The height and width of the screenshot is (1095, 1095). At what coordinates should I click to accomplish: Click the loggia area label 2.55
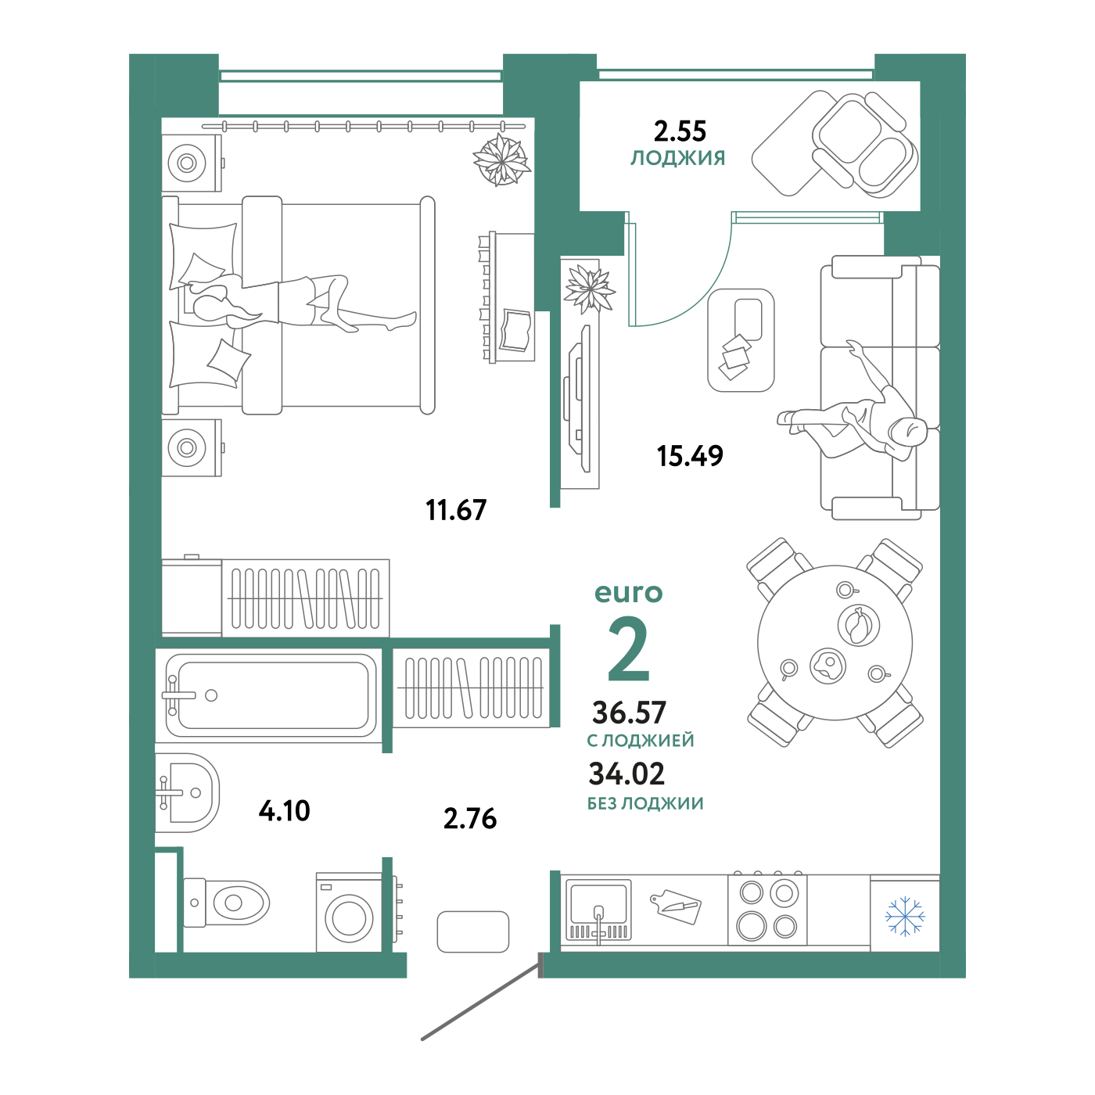(680, 131)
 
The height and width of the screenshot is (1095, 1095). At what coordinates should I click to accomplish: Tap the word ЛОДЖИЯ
(678, 158)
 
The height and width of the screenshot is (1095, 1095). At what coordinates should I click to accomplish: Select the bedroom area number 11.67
(456, 510)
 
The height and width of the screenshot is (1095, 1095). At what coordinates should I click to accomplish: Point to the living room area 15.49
(690, 456)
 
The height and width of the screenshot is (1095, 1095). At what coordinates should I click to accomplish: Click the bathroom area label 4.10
(284, 811)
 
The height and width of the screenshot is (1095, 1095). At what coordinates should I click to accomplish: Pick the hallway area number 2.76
(470, 819)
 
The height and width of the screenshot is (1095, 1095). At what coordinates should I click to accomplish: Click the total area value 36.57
(629, 713)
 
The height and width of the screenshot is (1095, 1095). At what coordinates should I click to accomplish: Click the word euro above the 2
(629, 593)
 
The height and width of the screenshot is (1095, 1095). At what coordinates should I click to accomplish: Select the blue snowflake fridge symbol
(905, 917)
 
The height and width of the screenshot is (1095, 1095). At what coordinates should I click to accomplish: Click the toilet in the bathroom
(226, 903)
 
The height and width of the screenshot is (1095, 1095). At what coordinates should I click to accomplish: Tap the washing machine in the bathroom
(349, 912)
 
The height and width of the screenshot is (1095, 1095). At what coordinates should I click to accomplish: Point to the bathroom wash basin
(187, 792)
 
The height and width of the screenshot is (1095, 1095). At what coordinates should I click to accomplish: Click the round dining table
(835, 643)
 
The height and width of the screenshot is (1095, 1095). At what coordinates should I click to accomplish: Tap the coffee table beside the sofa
(741, 340)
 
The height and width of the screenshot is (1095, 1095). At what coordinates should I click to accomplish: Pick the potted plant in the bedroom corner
(502, 160)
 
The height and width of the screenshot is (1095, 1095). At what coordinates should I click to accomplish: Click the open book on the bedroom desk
(516, 330)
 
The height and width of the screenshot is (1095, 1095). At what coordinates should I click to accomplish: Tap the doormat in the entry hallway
(472, 932)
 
